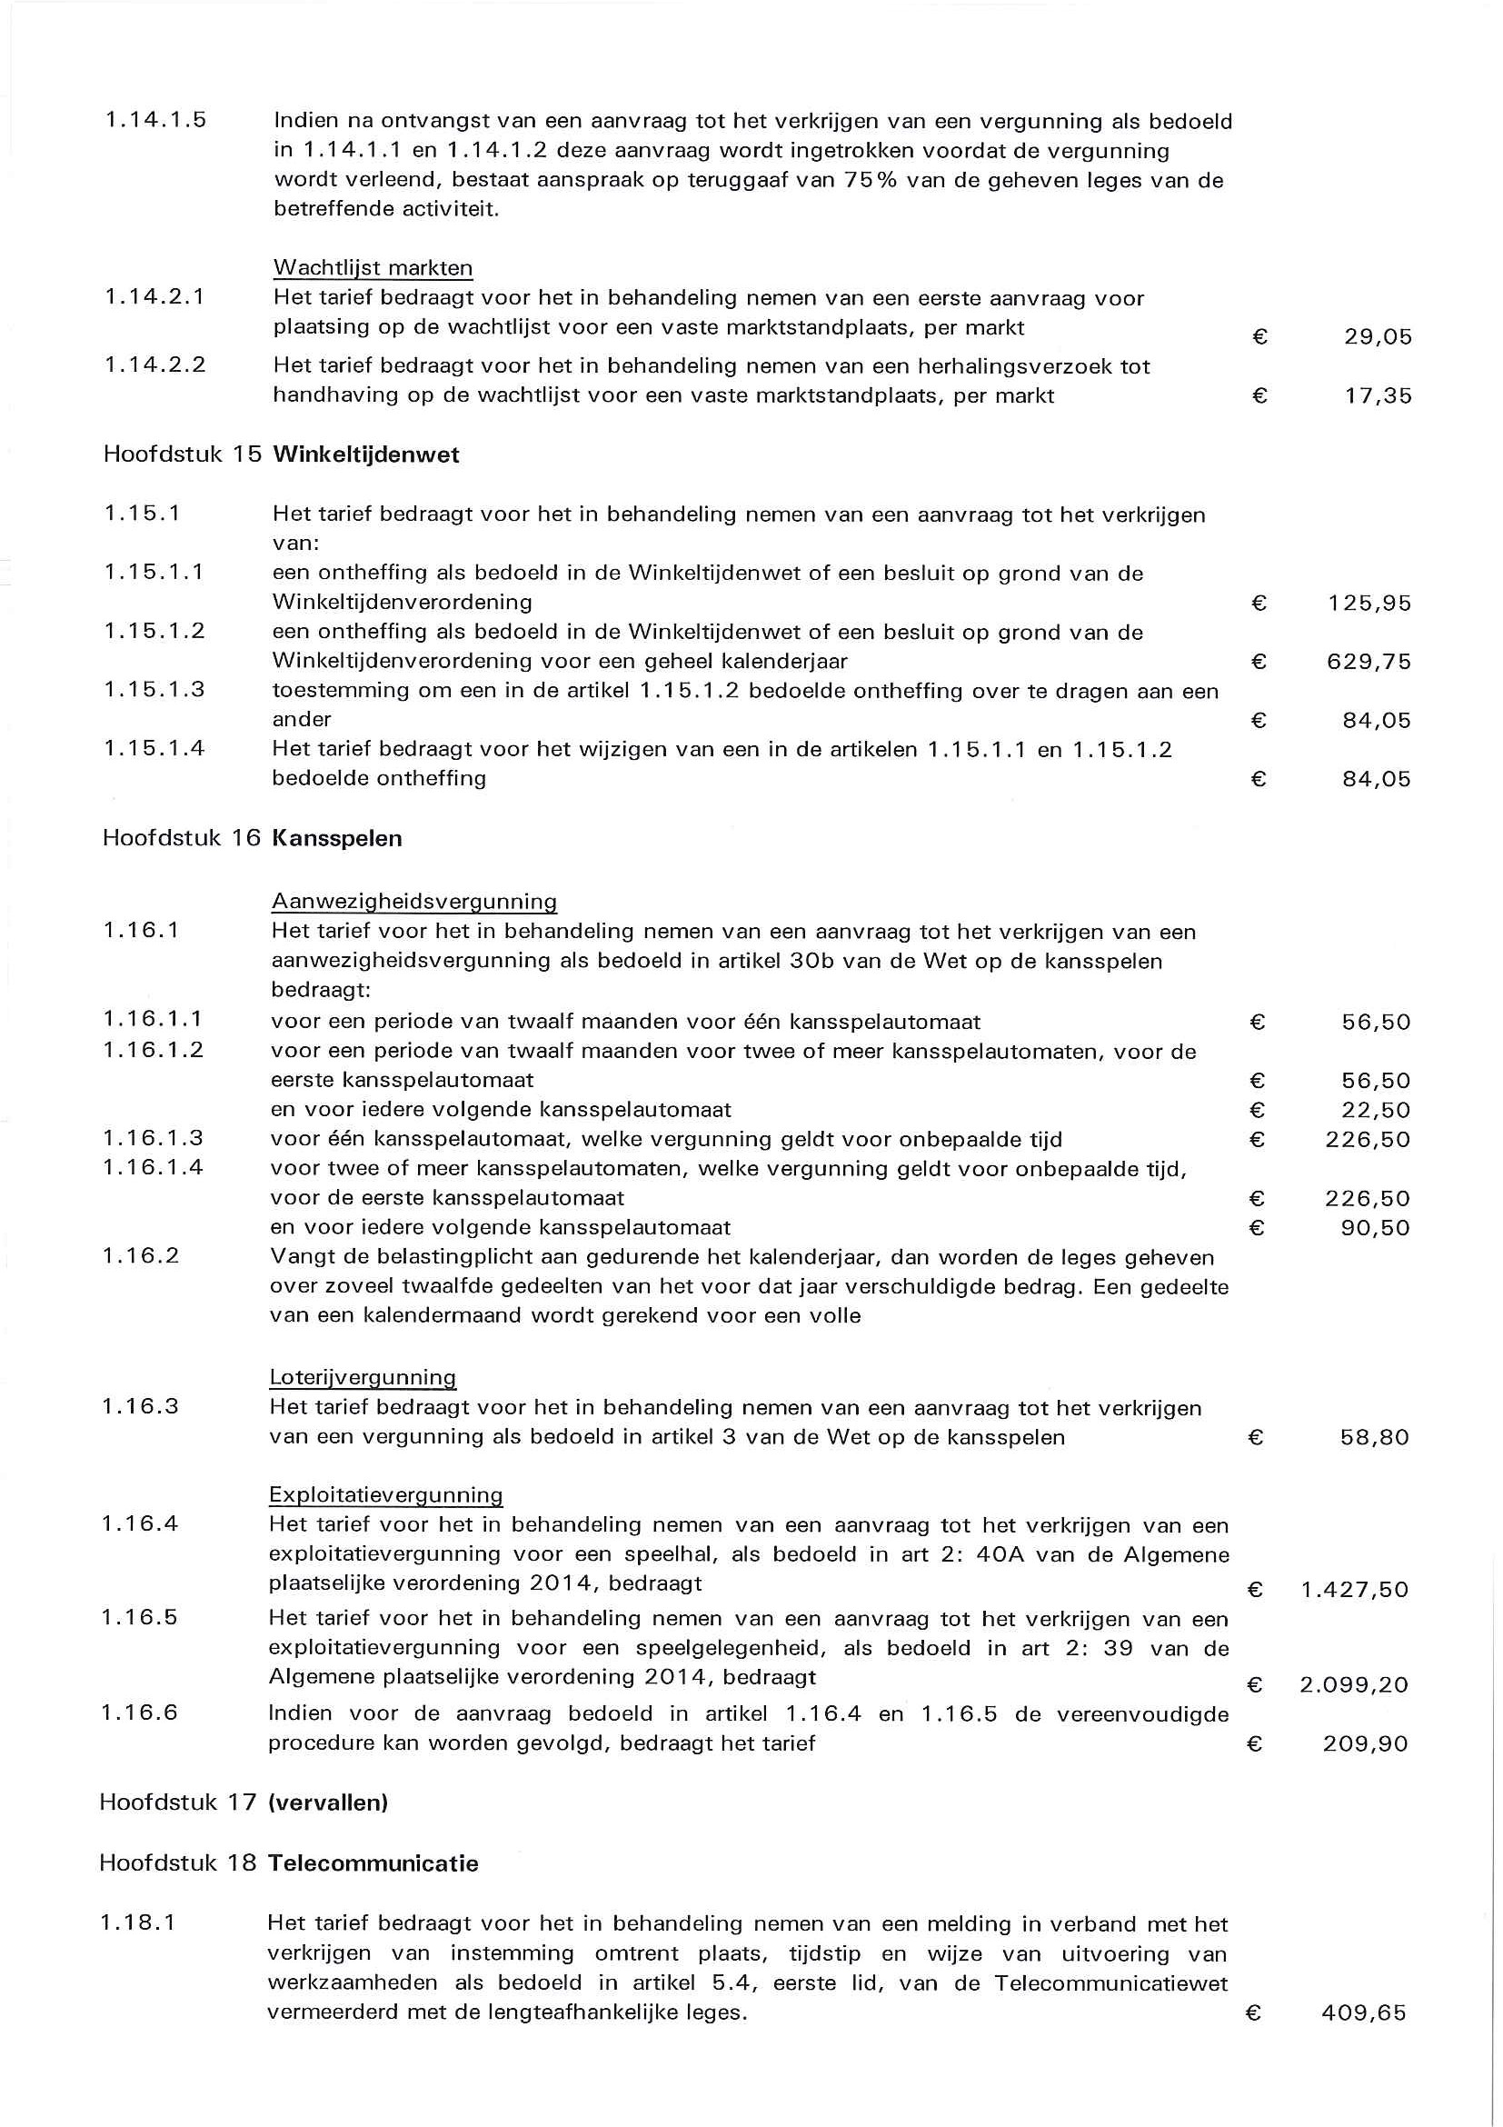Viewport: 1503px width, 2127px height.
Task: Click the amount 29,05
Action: [x=1378, y=337]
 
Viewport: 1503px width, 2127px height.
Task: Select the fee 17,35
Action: [x=1378, y=396]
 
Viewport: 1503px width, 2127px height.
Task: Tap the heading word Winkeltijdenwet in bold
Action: [x=366, y=454]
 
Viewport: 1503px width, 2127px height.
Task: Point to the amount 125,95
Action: [x=1369, y=604]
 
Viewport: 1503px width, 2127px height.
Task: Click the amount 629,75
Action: [x=1369, y=663]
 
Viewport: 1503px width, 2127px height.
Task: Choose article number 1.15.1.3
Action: [x=154, y=689]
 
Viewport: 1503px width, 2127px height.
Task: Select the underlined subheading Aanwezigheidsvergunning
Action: [x=414, y=902]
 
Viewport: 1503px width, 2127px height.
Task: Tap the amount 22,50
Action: [x=1376, y=1110]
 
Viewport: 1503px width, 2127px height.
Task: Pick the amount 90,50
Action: [x=1376, y=1228]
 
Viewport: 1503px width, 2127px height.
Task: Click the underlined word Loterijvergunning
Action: [x=362, y=1376]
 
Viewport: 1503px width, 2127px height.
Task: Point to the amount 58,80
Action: [x=1375, y=1438]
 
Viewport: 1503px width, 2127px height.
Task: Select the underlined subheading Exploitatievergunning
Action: [x=385, y=1494]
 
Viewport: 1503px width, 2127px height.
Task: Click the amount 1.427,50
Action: [x=1354, y=1590]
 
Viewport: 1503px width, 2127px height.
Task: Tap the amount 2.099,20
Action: [x=1353, y=1684]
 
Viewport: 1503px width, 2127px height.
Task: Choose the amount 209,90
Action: [x=1365, y=1744]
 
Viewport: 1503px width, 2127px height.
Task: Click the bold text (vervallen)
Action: [x=327, y=1802]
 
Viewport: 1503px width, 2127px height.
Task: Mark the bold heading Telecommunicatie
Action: [x=373, y=1863]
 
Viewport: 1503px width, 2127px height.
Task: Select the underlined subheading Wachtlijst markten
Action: [x=373, y=269]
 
